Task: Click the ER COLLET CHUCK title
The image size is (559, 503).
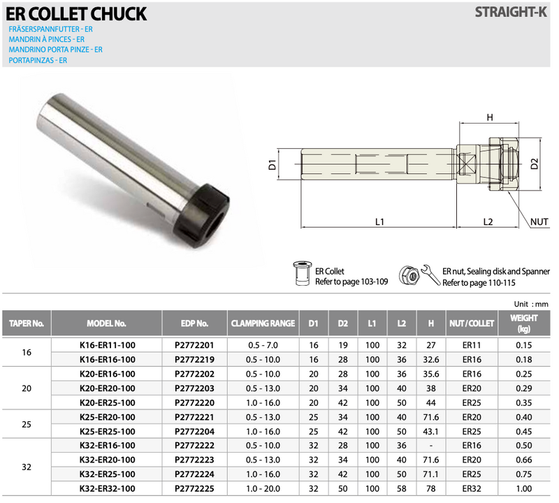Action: click(77, 13)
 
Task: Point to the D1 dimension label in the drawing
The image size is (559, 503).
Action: click(273, 166)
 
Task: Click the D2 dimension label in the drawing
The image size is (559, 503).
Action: click(534, 165)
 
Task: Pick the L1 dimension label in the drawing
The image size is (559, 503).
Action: click(379, 222)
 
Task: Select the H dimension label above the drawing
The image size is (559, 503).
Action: click(490, 117)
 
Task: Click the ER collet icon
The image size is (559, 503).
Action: click(303, 275)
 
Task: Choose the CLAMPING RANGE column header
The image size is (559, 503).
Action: click(263, 324)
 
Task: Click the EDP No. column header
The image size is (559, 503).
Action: click(194, 324)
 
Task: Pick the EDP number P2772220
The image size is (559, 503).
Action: click(194, 402)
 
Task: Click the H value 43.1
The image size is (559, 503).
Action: click(430, 431)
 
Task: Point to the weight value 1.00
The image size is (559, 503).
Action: click(523, 488)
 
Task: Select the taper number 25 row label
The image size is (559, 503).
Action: click(27, 424)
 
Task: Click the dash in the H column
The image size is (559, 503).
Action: click(430, 445)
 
